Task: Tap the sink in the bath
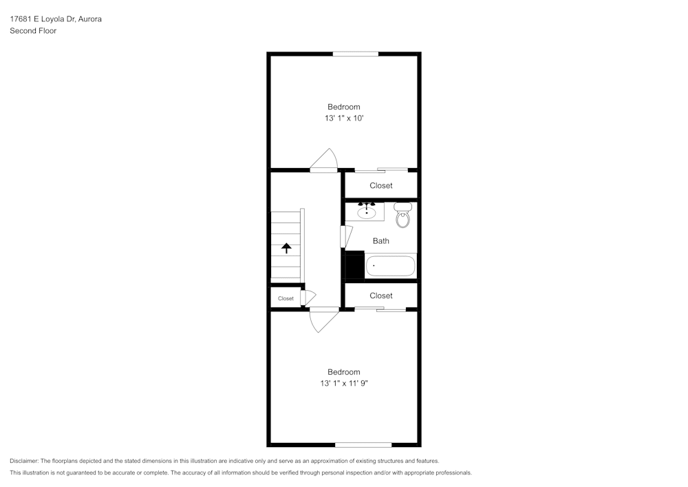[365, 211]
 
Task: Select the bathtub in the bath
[390, 266]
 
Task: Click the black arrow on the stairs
[286, 248]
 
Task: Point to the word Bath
[380, 241]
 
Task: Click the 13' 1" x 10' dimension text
[343, 118]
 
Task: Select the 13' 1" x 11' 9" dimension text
[343, 384]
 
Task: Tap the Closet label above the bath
[381, 186]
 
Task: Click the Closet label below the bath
[381, 296]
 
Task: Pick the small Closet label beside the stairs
[286, 298]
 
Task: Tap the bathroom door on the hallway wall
[344, 236]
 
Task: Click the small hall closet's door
[307, 298]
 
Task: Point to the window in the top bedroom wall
[356, 54]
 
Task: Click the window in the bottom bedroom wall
[363, 444]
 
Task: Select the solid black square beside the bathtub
[354, 266]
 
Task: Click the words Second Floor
[33, 31]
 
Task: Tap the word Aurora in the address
[90, 19]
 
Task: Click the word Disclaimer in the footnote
[24, 461]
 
